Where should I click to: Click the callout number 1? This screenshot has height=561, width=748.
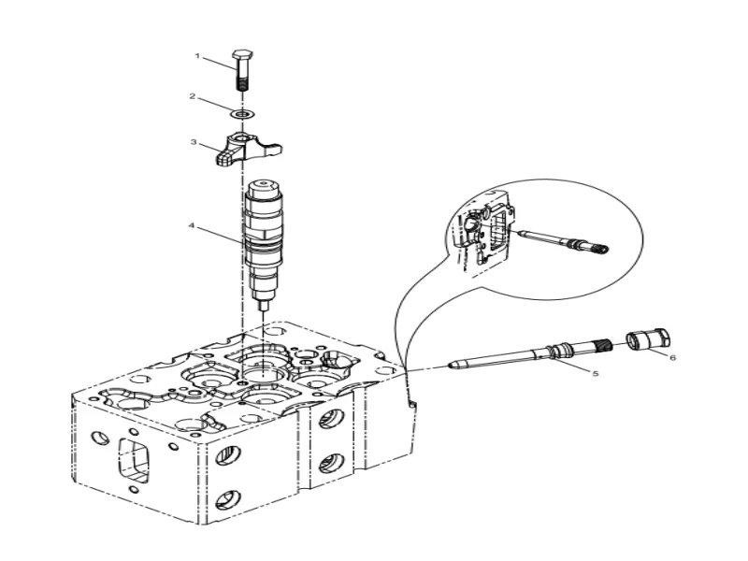coord(197,56)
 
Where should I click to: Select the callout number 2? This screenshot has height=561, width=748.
coord(192,96)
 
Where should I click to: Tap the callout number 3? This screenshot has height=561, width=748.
coord(193,142)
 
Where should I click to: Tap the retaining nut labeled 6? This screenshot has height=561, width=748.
coord(646,338)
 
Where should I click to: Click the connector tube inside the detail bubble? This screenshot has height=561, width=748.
coord(561,240)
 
